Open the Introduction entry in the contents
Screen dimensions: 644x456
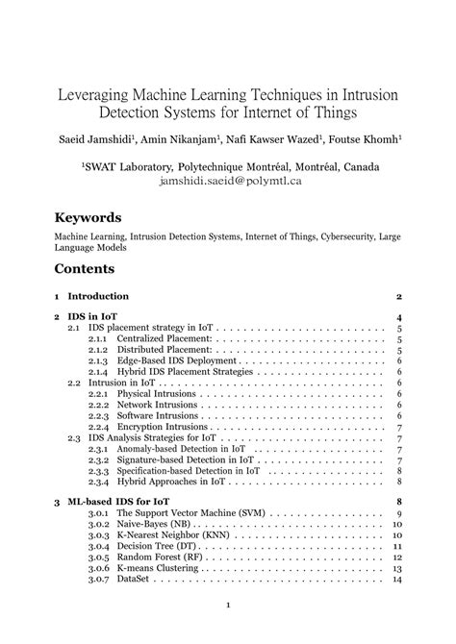98,296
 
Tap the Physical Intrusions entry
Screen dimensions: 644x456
158,394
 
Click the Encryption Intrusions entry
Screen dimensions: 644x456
164,427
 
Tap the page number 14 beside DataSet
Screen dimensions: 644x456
395,580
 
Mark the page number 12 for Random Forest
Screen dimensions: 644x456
395,557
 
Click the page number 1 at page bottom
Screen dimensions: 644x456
228,605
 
